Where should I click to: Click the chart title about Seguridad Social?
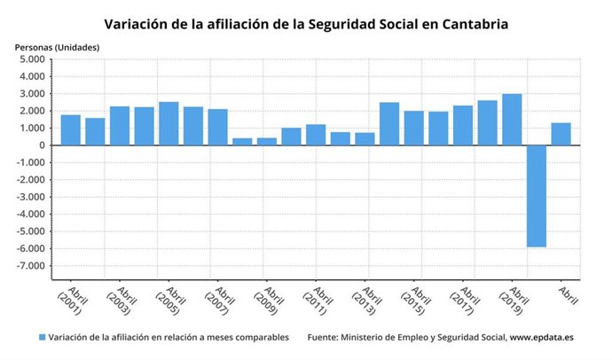coord(306,24)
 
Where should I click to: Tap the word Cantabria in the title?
coord(473,24)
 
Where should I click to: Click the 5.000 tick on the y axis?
coord(33,59)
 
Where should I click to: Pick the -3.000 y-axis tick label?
coord(31,197)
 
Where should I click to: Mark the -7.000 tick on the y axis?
coord(31,266)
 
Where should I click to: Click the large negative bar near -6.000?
coord(536,196)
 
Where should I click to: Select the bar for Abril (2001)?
coord(71,130)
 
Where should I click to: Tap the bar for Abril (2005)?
coord(169,124)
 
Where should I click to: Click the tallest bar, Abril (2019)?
coord(512,120)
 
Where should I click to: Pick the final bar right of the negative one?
coord(561,134)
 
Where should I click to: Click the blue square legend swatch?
coord(42,338)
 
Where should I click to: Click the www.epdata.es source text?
coord(544,338)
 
